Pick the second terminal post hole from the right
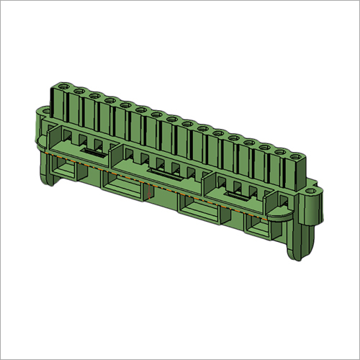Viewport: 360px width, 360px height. (x=281, y=149)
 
